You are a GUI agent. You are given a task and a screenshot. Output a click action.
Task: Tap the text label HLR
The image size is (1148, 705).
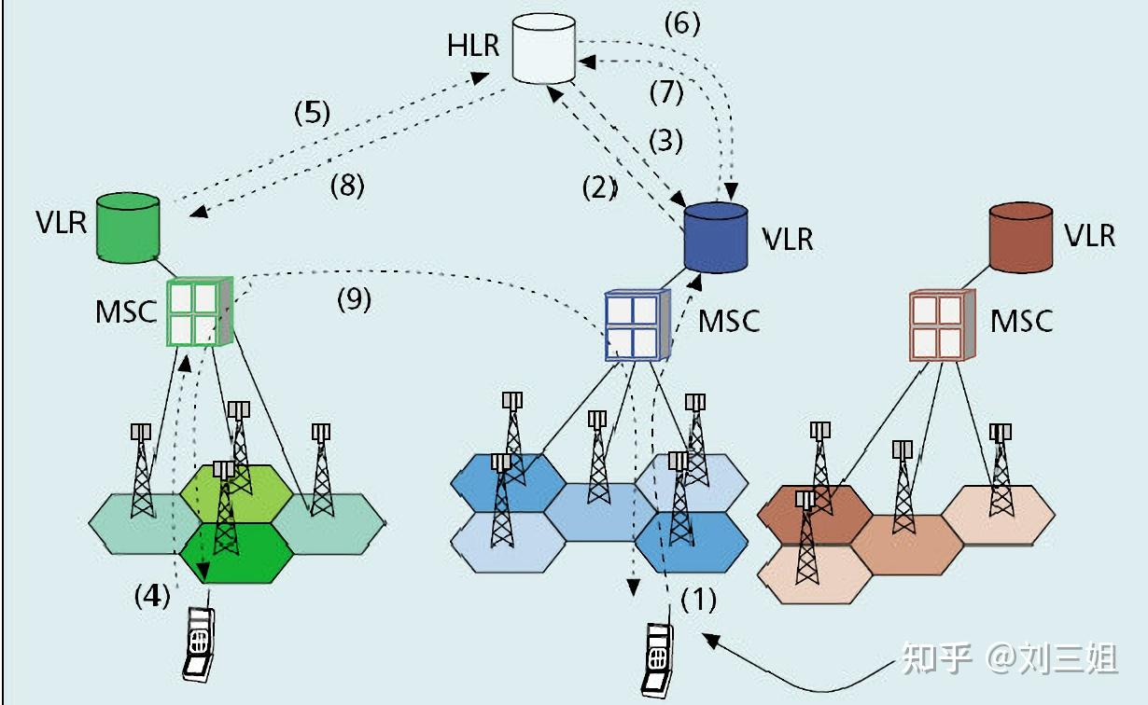point(473,45)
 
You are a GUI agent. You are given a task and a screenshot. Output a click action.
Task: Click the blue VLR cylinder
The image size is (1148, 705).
point(716,235)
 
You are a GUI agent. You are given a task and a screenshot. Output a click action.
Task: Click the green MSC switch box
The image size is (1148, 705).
point(197,312)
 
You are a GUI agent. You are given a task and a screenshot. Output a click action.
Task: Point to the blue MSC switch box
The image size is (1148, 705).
point(637,325)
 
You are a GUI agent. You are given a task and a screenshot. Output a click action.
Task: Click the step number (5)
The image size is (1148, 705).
point(313,113)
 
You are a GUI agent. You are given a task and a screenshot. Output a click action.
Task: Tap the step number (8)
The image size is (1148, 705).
point(347,186)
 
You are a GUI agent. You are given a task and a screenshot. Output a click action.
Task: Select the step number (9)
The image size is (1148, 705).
point(354,299)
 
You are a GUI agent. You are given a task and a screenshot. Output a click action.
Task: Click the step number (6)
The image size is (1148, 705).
point(682,23)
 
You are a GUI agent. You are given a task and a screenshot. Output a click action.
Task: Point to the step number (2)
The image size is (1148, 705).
point(600,188)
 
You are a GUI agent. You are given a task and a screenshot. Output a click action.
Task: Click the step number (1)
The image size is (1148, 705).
point(698,600)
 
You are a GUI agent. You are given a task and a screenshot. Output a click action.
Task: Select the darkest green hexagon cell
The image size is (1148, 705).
point(237,552)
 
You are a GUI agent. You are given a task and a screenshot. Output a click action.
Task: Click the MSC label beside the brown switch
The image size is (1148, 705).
point(1021,321)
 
